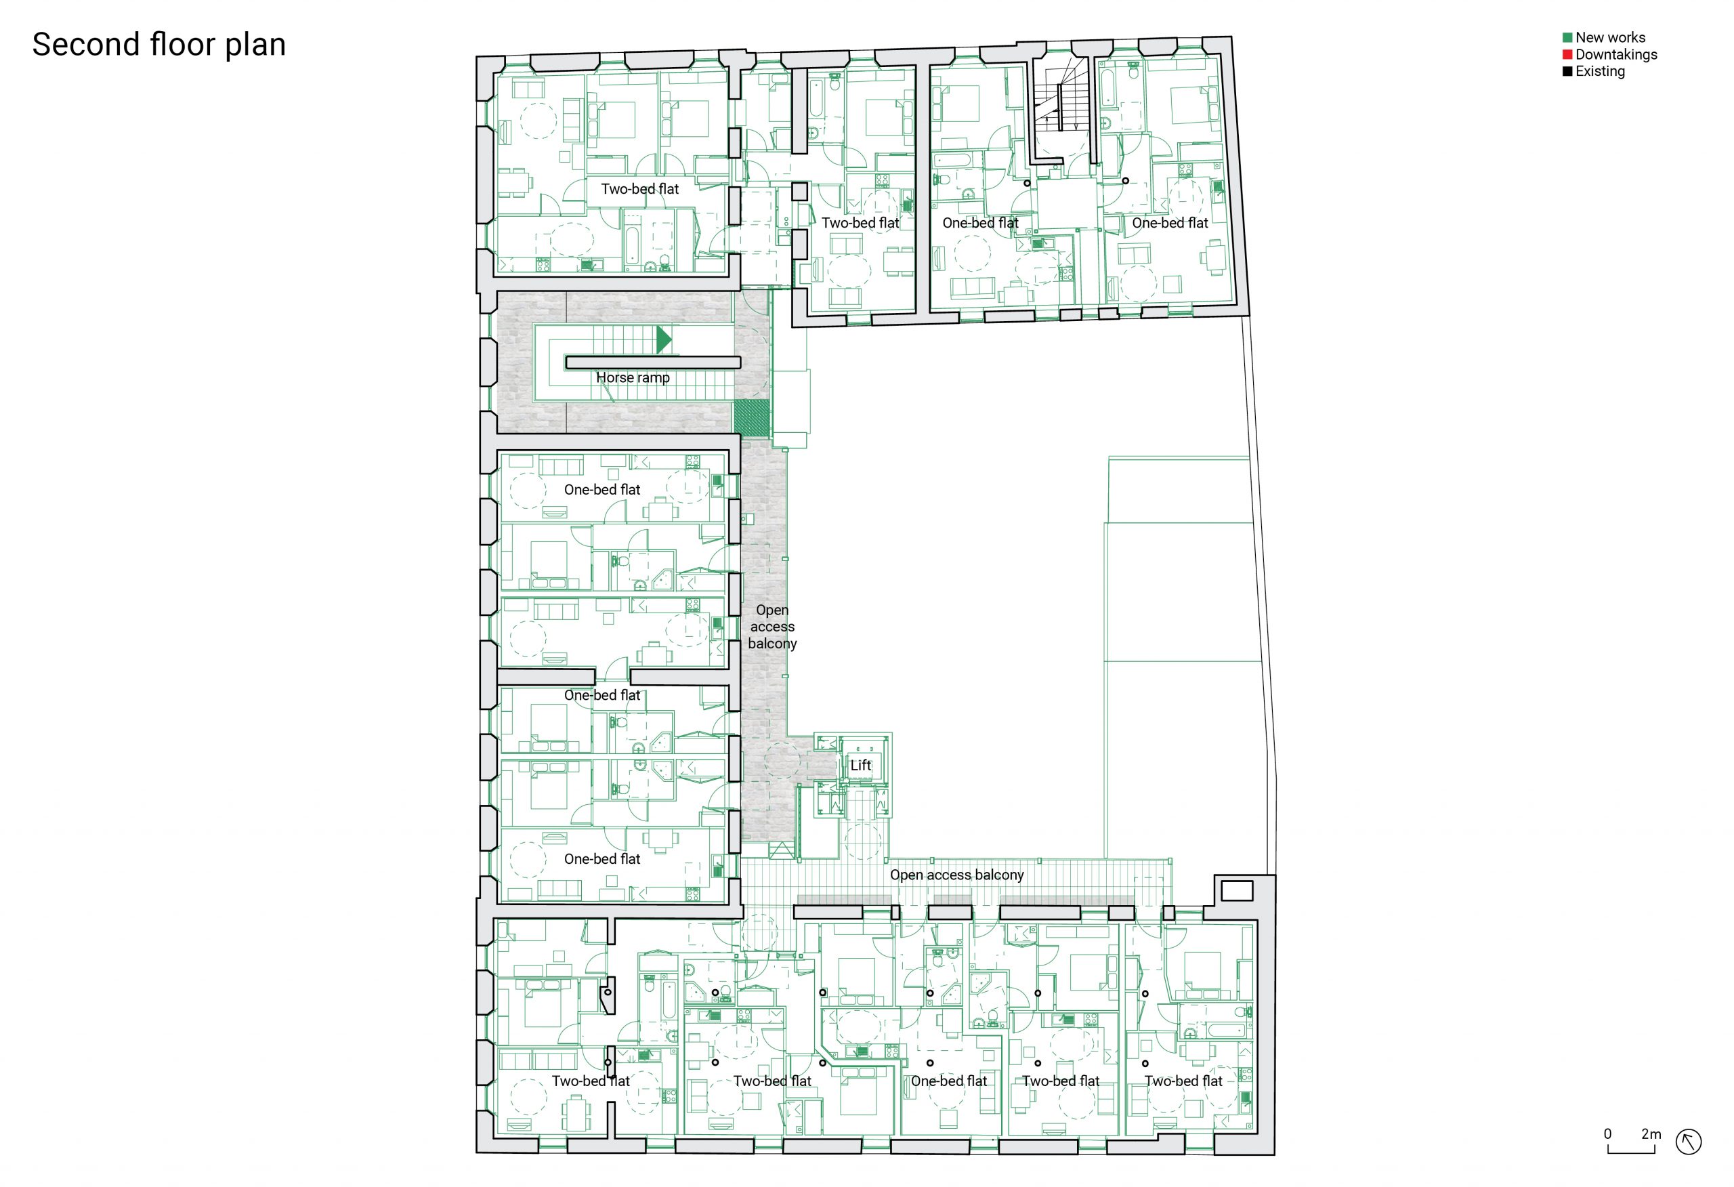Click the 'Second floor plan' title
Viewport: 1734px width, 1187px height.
[x=159, y=44]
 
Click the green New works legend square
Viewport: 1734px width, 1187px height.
[x=1567, y=37]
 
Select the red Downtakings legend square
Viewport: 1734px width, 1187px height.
[x=1567, y=54]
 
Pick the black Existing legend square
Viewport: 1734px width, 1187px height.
[x=1567, y=72]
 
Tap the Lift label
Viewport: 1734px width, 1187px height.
[x=860, y=765]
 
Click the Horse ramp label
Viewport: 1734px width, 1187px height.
[x=633, y=378]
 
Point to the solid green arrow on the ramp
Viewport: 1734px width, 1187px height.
[x=663, y=339]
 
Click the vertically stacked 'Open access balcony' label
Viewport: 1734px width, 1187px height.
[x=772, y=626]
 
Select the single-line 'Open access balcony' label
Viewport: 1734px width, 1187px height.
[x=956, y=875]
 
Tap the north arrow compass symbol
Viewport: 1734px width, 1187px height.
[x=1689, y=1142]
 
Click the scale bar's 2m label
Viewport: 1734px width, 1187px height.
[x=1651, y=1134]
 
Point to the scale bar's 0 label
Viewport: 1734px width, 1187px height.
[x=1608, y=1134]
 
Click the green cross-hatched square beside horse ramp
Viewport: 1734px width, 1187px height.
[x=751, y=418]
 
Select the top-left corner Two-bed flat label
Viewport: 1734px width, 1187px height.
[x=639, y=189]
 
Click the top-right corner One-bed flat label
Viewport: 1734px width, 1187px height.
[x=1169, y=223]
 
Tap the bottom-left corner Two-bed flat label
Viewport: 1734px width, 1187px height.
[x=590, y=1081]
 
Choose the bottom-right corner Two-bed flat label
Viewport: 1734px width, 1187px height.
[x=1183, y=1081]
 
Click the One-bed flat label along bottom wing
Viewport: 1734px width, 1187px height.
[x=948, y=1081]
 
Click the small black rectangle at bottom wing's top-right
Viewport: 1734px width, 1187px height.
[x=1236, y=891]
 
